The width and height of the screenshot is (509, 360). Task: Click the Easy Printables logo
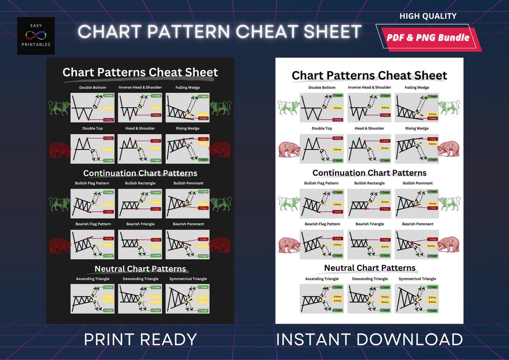(36, 36)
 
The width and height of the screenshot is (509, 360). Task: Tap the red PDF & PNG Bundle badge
(428, 38)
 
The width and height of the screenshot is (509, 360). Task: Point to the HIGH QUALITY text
(428, 16)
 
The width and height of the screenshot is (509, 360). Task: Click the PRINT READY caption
(140, 339)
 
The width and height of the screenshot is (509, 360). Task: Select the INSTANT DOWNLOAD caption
(369, 339)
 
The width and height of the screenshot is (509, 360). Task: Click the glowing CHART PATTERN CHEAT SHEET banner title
(220, 32)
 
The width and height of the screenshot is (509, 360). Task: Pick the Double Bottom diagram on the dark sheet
(92, 107)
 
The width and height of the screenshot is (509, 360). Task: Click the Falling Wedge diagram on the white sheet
(417, 107)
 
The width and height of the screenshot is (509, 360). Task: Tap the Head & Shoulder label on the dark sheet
(140, 128)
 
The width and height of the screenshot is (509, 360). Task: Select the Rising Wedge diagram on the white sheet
(417, 148)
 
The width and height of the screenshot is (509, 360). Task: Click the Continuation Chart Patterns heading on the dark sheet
(140, 173)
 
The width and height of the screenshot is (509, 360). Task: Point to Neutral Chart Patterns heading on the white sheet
(369, 268)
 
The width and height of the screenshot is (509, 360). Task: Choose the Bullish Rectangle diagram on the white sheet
(369, 203)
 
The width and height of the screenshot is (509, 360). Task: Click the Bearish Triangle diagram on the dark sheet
(140, 244)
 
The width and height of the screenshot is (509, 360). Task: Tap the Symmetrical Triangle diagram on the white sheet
(417, 299)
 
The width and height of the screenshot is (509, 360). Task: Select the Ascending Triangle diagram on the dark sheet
(92, 299)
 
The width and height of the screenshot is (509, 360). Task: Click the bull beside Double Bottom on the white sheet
(288, 107)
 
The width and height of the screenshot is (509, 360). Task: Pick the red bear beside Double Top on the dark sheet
(59, 149)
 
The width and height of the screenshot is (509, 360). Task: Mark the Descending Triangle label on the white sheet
(369, 279)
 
